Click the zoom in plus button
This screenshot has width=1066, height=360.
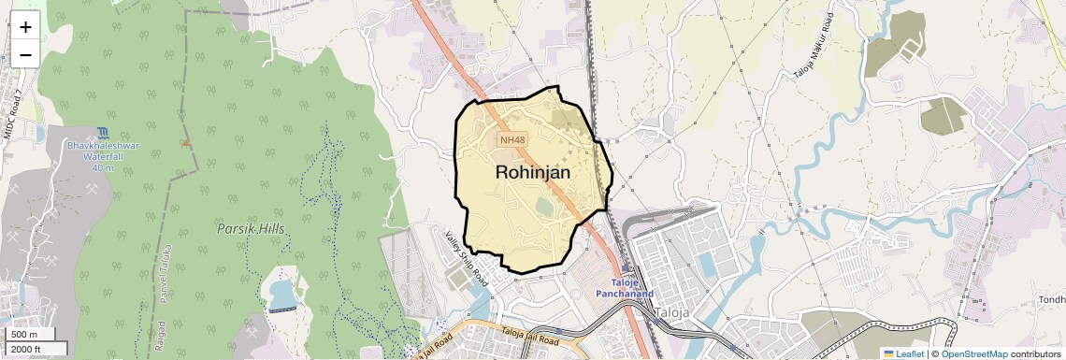pos(25,26)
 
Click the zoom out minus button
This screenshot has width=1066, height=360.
pos(25,54)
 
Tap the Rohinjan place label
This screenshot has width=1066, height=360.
pos(532,172)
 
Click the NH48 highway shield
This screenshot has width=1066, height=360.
pos(511,140)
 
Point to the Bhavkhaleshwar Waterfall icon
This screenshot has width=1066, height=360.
pos(103,134)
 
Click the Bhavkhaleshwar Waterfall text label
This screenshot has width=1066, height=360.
pos(103,152)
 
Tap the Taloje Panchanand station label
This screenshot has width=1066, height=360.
pos(625,287)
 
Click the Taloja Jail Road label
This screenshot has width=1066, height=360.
pos(529,334)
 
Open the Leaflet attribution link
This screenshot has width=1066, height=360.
pos(902,353)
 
